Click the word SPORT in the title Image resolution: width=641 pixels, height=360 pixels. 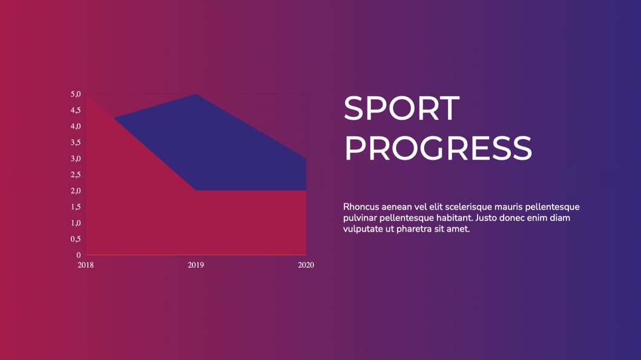pyautogui.click(x=401, y=108)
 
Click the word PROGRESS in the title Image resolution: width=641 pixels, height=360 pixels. pyautogui.click(x=438, y=148)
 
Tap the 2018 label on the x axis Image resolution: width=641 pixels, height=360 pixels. pyautogui.click(x=85, y=265)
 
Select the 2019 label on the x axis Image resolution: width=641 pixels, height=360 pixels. pyautogui.click(x=196, y=265)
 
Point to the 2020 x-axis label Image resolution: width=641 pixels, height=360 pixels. pyautogui.click(x=306, y=265)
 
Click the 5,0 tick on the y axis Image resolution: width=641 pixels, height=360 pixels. pyautogui.click(x=76, y=94)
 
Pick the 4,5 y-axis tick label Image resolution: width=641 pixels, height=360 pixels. pyautogui.click(x=76, y=110)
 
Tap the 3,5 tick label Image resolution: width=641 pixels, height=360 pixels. pyautogui.click(x=76, y=143)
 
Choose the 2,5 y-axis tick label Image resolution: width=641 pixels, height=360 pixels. pyautogui.click(x=76, y=175)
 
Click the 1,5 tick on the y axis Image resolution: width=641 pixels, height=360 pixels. pyautogui.click(x=76, y=207)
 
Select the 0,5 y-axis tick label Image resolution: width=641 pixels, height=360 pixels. pyautogui.click(x=76, y=239)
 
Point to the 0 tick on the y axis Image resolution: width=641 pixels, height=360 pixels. pyautogui.click(x=79, y=255)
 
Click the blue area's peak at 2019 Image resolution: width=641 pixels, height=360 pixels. pyautogui.click(x=196, y=94)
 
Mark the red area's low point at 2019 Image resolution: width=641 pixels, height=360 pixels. pyautogui.click(x=196, y=191)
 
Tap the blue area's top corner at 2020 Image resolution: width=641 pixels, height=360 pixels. pyautogui.click(x=306, y=159)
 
